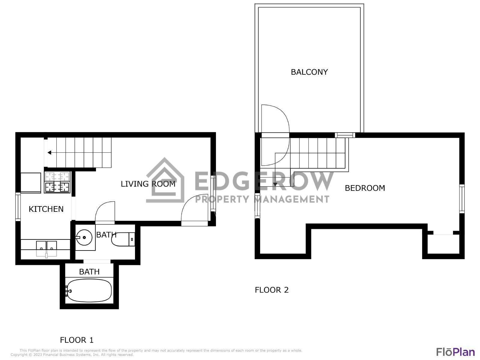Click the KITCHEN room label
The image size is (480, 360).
[46, 209]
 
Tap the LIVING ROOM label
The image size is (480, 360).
[148, 184]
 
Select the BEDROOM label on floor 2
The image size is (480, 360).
[365, 188]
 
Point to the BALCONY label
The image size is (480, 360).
[309, 72]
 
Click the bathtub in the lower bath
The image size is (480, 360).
[89, 291]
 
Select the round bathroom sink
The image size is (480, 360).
[84, 237]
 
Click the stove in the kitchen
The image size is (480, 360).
[57, 182]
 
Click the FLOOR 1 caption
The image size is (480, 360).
[77, 340]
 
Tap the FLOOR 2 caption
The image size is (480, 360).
[271, 290]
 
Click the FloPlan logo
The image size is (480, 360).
[455, 352]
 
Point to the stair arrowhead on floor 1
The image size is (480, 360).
[49, 153]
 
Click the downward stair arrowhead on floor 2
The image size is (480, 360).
[275, 184]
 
